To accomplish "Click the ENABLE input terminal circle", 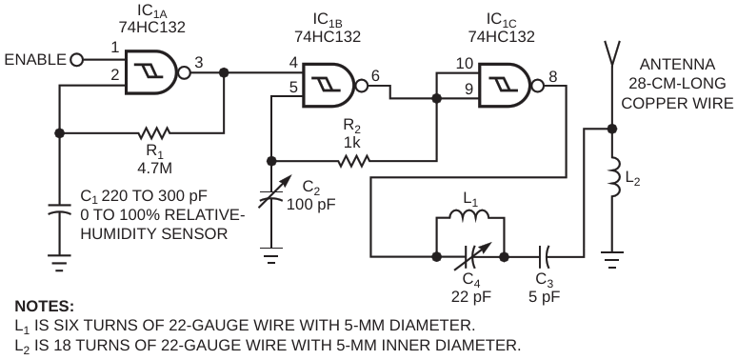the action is tap(76, 60).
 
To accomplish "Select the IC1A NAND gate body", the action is tap(150, 72).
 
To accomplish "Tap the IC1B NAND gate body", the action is tap(328, 85).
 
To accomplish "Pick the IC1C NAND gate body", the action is tap(504, 86).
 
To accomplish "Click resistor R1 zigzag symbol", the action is tap(153, 133).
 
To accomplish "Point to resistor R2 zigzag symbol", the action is tap(353, 161).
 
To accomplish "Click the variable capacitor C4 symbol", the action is tap(471, 257).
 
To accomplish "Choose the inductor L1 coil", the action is tap(469, 215).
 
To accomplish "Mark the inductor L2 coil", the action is tap(614, 178).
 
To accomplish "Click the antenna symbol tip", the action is tap(612, 41).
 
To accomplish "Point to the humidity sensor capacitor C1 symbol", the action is tap(59, 210).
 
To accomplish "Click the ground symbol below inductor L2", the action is tap(611, 259).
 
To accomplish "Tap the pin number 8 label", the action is tap(552, 75).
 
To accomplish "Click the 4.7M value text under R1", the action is tap(152, 168).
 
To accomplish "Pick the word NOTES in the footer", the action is tap(45, 307).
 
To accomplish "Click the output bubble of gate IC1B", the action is tap(362, 86).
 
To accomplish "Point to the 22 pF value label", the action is tap(471, 296).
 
